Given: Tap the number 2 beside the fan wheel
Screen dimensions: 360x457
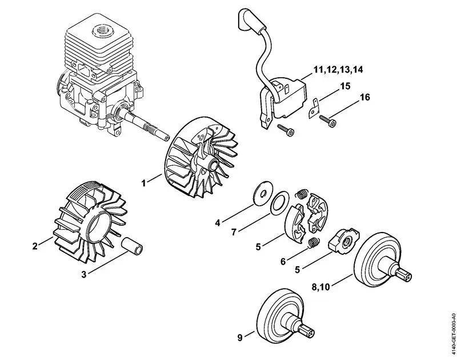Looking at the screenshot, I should point(35,246).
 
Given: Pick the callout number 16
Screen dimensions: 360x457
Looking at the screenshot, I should point(364,98).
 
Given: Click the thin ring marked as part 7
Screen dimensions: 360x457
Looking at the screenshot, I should point(279,203).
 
